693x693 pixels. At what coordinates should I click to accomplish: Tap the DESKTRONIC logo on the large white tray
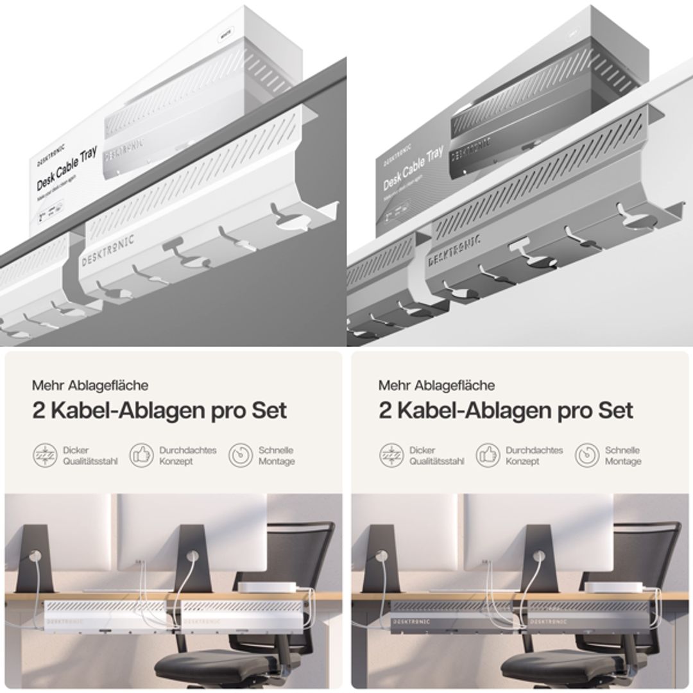107,251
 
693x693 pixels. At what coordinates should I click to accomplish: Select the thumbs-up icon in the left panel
141,455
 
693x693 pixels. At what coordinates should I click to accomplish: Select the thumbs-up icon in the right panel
488,455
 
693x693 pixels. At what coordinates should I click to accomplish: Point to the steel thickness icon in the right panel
390,455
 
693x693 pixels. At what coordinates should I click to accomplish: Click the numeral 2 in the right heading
385,411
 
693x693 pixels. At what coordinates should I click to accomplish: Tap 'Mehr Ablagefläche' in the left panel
90,386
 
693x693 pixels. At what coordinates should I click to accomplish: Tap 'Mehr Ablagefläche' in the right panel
436,386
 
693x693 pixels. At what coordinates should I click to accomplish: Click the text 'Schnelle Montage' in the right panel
623,456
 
